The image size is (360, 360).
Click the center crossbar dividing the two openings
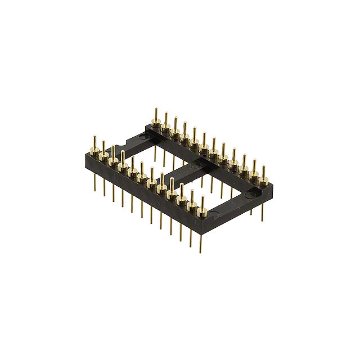tap(186, 169)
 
